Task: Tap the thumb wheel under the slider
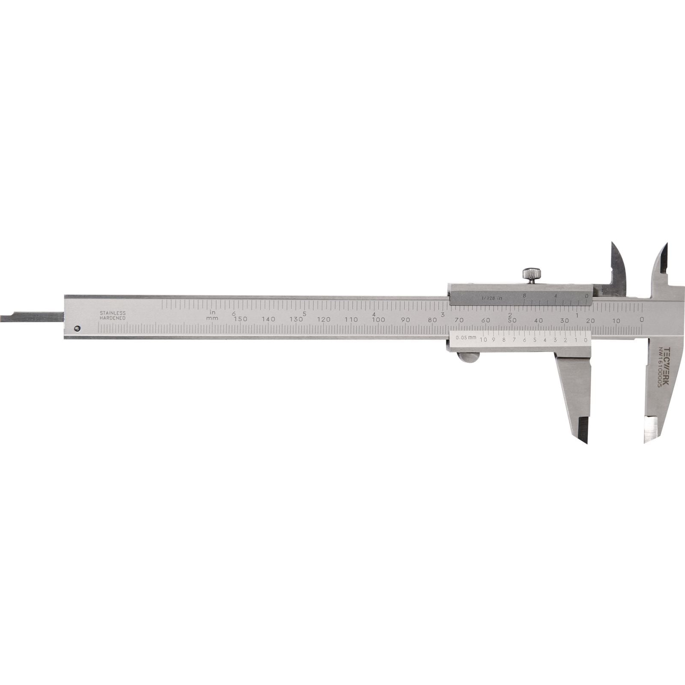click(x=470, y=357)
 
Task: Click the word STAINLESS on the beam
click(x=113, y=313)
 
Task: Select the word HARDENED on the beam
click(x=113, y=319)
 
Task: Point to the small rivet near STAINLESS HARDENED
click(x=77, y=328)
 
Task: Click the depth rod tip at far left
click(x=3, y=317)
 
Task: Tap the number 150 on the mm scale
click(x=241, y=319)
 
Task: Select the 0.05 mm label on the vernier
click(x=466, y=338)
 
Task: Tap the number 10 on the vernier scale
click(x=484, y=340)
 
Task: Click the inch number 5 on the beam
click(x=304, y=313)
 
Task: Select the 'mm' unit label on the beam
click(x=212, y=318)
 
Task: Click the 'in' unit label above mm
click(x=213, y=312)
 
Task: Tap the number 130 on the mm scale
click(x=296, y=319)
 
